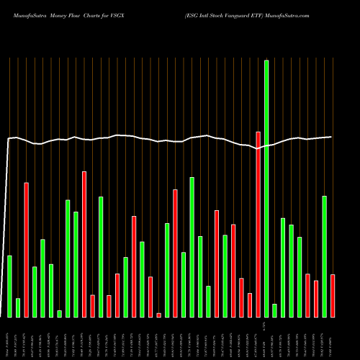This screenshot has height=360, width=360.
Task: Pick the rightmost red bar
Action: [333, 296]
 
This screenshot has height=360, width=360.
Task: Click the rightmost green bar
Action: [325, 256]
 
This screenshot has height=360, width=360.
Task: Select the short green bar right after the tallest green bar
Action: [274, 310]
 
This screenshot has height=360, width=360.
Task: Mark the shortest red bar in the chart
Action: [158, 315]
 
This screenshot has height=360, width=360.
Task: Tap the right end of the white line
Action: [331, 137]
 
